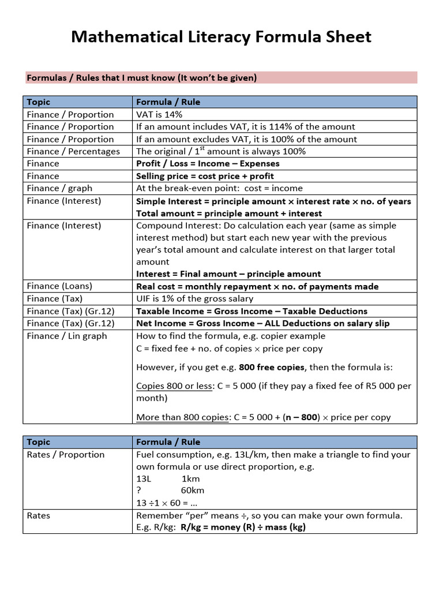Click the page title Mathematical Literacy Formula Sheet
point(221,38)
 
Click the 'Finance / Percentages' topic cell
point(73,151)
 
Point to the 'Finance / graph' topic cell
point(59,188)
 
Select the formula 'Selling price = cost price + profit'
point(205,176)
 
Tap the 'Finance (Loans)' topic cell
point(59,286)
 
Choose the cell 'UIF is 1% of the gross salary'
point(194,298)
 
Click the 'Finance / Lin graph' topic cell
point(67,336)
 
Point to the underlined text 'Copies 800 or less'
point(174,386)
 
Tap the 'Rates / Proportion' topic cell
point(66,455)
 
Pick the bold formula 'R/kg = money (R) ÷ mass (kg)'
point(243,528)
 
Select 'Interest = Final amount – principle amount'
point(228,274)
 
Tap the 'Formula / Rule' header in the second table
point(168,442)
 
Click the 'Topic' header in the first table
point(39,102)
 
